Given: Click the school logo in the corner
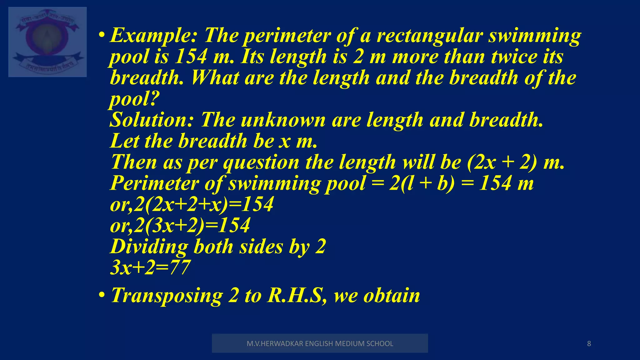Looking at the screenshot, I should pyautogui.click(x=47, y=42).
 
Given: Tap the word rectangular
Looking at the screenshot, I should pyautogui.click(x=430, y=36).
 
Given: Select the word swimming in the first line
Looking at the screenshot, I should pyautogui.click(x=535, y=36).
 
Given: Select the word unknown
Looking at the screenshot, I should pyautogui.click(x=283, y=120).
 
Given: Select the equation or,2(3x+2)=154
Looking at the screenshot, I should pyautogui.click(x=180, y=225).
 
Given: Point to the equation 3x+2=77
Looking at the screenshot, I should pyautogui.click(x=150, y=267).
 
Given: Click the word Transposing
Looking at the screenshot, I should pyautogui.click(x=167, y=295).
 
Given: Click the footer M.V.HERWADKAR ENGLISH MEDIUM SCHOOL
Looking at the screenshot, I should pyautogui.click(x=320, y=343).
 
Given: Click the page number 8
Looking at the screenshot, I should pyautogui.click(x=589, y=344).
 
